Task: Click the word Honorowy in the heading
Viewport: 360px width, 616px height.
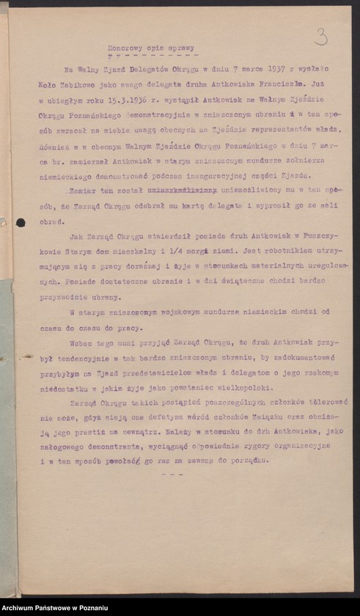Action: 116,43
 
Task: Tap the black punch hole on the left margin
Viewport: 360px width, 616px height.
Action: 21,222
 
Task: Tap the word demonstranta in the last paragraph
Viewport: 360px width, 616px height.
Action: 98,446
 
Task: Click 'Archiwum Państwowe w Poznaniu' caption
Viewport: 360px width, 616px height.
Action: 55,608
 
